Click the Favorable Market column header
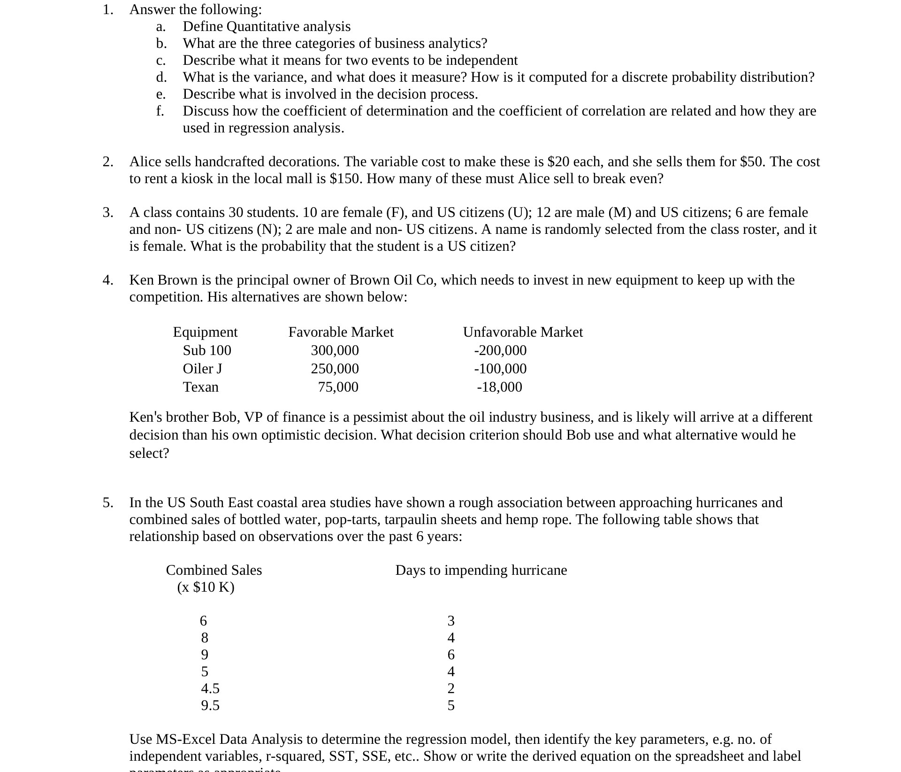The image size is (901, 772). point(341,332)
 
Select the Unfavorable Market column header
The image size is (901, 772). point(522,332)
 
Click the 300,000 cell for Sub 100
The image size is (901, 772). point(335,350)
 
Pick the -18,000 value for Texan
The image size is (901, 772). point(499,387)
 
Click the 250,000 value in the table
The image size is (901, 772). point(335,369)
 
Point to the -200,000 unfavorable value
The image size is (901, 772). point(500,350)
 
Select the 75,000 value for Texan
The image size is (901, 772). point(338,387)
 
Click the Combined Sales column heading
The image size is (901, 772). point(214,570)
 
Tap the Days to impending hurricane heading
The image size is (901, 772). point(481,570)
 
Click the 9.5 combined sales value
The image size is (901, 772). point(210,705)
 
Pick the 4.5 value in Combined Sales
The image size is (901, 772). point(210,688)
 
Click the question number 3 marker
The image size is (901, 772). point(107,213)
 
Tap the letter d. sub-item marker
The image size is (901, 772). point(161,77)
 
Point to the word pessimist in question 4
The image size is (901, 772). point(382,417)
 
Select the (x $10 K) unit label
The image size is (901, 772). point(206,587)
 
